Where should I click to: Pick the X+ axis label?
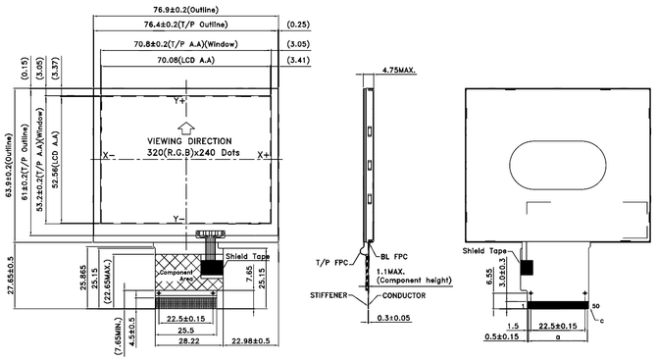[264, 156]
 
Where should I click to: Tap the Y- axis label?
[179, 217]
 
